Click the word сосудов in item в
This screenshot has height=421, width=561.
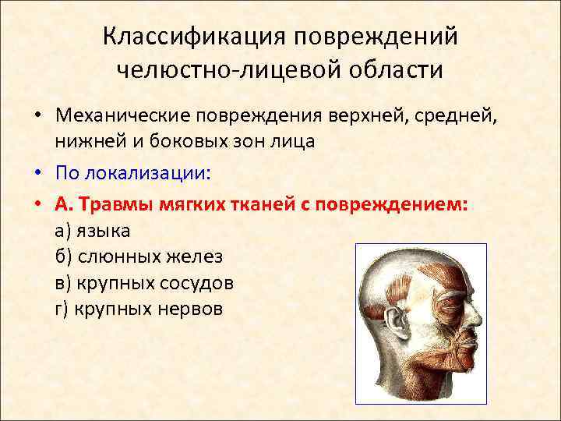(198, 281)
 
